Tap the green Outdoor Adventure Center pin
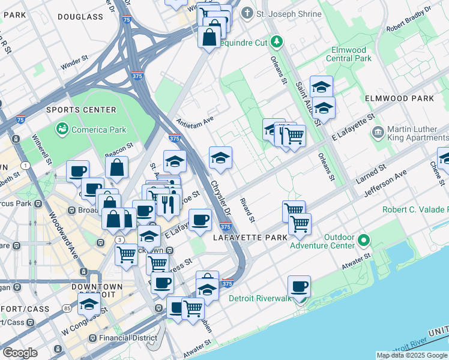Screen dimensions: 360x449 364,241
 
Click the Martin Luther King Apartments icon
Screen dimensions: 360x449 378,132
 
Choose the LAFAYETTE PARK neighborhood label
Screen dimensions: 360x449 250,238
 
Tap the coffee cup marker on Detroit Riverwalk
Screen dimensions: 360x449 298,287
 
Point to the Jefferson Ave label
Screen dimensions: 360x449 385,183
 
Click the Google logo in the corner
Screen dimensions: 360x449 20,353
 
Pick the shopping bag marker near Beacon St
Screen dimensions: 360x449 117,167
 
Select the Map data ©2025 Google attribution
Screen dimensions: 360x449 412,355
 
